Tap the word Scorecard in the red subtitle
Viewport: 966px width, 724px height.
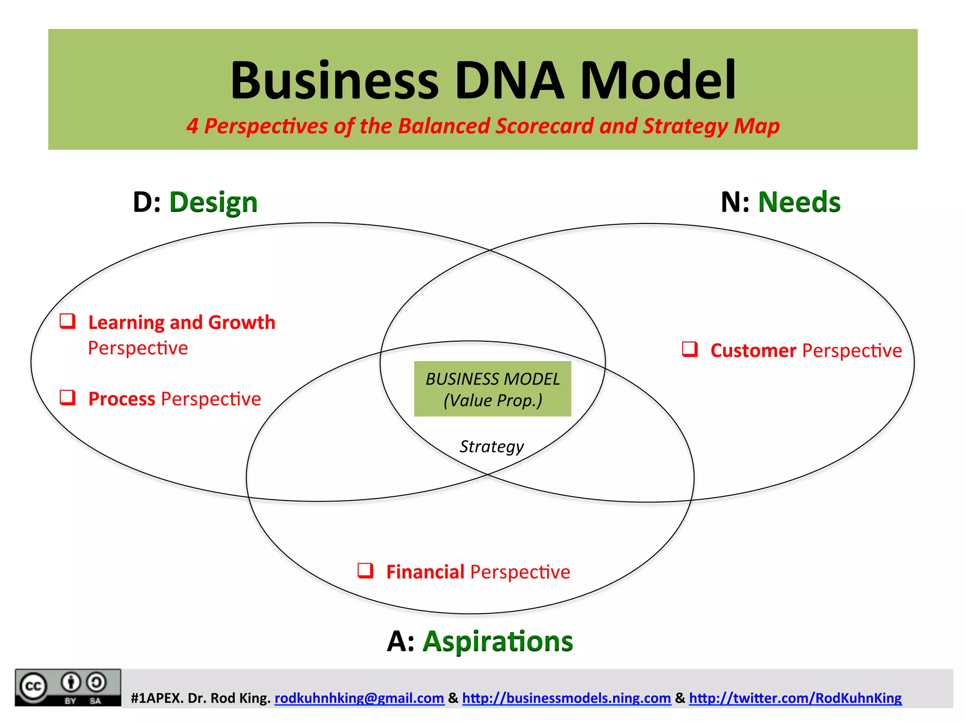coord(544,126)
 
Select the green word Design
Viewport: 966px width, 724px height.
coord(213,203)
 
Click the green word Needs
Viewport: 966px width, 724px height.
coord(799,203)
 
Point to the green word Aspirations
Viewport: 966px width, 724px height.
coord(498,642)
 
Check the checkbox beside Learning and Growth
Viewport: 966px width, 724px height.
coord(67,321)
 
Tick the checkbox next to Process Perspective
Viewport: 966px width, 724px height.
coord(67,397)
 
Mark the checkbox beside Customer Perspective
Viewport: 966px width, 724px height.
coord(690,349)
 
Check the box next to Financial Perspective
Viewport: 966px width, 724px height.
coord(365,570)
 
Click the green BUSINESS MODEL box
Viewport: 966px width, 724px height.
coord(492,389)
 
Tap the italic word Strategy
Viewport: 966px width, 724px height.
coord(491,446)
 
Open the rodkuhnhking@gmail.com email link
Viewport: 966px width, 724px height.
coord(359,698)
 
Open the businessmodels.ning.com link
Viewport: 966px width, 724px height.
coord(566,698)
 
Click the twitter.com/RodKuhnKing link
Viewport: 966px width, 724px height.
coord(795,698)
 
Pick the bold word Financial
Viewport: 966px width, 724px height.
coord(425,572)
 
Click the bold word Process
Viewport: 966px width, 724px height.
coord(122,399)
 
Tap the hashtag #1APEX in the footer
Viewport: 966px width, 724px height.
coord(157,698)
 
